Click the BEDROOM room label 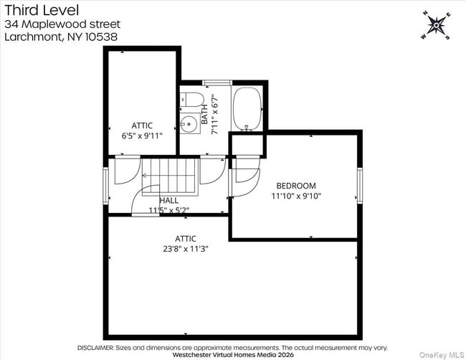pos(296,186)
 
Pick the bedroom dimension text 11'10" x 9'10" pos(296,196)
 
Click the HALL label pos(169,200)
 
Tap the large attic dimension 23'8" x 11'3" pos(186,249)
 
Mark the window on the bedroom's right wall pos(360,185)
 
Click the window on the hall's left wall pos(106,185)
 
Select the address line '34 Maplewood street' pos(62,24)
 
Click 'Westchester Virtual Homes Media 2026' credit pos(233,354)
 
